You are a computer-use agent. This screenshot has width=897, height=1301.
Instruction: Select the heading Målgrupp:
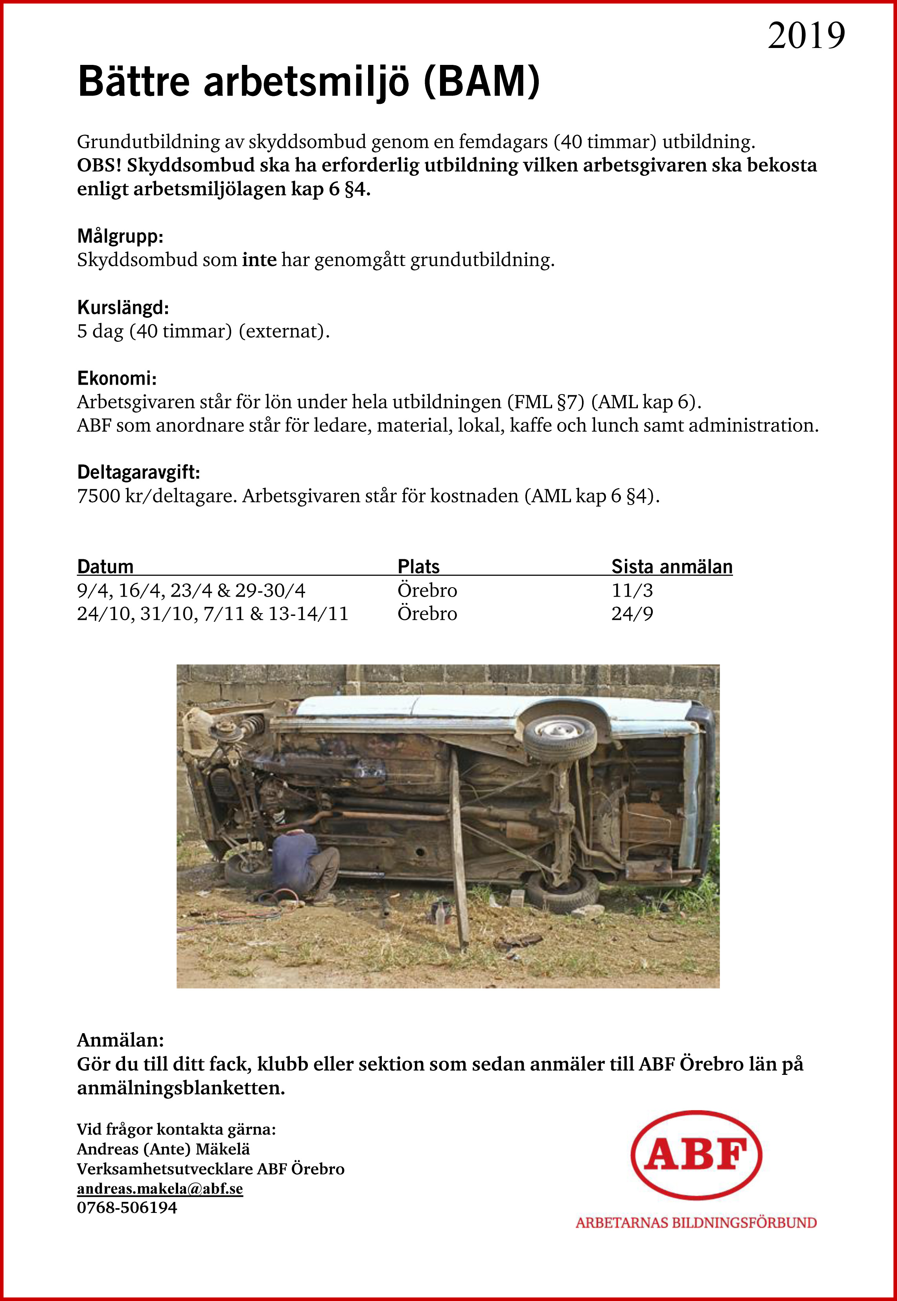pyautogui.click(x=120, y=236)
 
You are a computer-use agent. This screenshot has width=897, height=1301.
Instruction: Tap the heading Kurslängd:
pyautogui.click(x=123, y=308)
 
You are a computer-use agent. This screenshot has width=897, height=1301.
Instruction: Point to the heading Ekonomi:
pyautogui.click(x=116, y=378)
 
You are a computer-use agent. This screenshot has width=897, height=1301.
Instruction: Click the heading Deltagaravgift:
pyautogui.click(x=138, y=472)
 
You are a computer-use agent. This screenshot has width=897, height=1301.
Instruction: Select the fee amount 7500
pyautogui.click(x=98, y=496)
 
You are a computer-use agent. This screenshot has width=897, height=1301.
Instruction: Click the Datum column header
pyautogui.click(x=105, y=566)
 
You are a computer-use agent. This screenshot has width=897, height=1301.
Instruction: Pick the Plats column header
pyautogui.click(x=418, y=566)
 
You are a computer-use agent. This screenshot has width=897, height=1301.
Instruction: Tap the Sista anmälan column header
pyautogui.click(x=672, y=566)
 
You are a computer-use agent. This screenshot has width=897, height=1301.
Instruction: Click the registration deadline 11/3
pyautogui.click(x=632, y=591)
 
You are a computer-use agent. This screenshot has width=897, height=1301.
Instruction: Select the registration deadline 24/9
pyautogui.click(x=632, y=614)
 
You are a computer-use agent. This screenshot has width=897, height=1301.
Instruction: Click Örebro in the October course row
pyautogui.click(x=427, y=614)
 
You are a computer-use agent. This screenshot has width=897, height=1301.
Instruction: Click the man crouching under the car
pyautogui.click(x=304, y=866)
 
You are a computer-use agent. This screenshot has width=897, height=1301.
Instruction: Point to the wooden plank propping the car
pyautogui.click(x=459, y=854)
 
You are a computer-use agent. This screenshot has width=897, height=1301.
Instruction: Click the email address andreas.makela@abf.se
pyautogui.click(x=160, y=1189)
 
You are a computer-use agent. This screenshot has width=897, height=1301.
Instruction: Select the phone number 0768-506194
pyautogui.click(x=127, y=1208)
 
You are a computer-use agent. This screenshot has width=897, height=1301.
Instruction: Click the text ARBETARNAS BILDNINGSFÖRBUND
pyautogui.click(x=696, y=1223)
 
